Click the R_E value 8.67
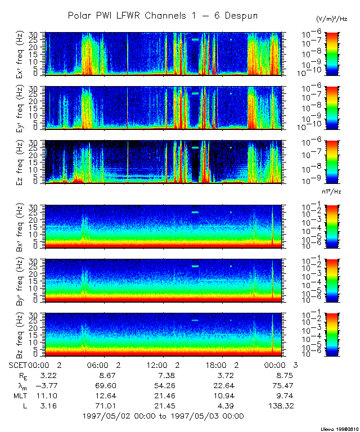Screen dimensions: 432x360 106,375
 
